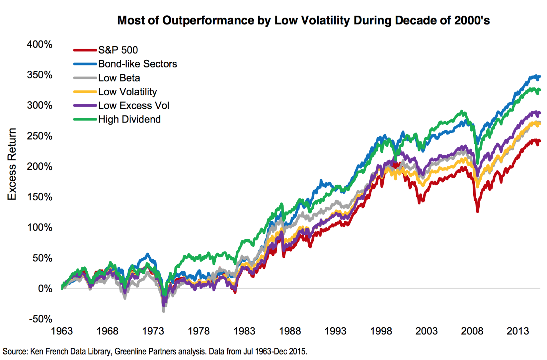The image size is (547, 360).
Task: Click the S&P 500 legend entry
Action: coord(118,50)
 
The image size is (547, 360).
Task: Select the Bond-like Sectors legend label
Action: coord(137,64)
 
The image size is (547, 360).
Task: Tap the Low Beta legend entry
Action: coord(119,78)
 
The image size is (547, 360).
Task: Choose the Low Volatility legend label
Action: coord(127,92)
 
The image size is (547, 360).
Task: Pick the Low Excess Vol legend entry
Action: coord(133,106)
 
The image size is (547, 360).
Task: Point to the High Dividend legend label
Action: coord(129,120)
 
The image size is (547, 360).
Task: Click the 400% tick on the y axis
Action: coord(39,45)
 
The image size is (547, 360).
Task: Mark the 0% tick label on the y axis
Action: coord(45,289)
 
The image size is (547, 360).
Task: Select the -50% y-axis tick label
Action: coord(40,319)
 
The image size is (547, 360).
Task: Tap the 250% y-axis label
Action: coord(39,136)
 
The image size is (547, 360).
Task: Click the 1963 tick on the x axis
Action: coord(62,331)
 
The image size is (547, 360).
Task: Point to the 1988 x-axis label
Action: coord(290,331)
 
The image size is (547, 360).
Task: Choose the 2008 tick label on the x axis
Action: coord(472,331)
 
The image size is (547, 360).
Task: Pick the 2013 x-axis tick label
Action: coord(517,331)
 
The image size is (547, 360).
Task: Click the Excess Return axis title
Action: coord(12,164)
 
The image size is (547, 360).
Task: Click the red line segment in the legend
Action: coord(85,50)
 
